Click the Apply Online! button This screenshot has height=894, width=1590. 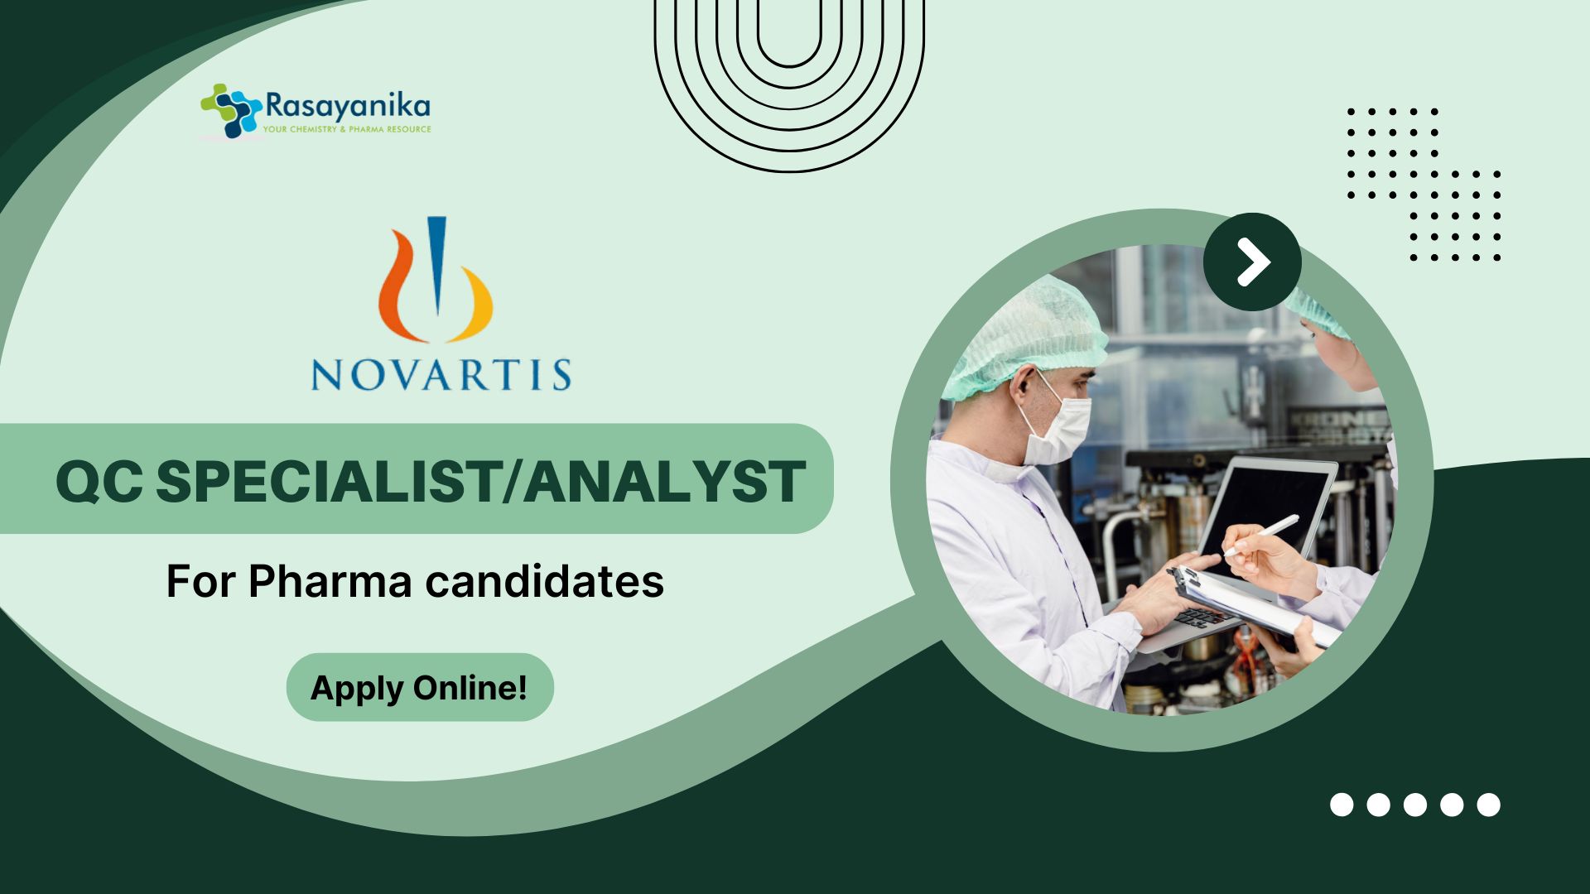[x=420, y=687]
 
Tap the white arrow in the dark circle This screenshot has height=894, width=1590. [x=1254, y=262]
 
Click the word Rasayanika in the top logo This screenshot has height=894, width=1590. [x=348, y=107]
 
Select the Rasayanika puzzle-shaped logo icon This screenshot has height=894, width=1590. [x=231, y=110]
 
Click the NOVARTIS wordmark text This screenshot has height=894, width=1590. [x=441, y=374]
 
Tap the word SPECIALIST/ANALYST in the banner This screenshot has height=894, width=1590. [x=480, y=482]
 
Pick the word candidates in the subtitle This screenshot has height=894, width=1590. [x=544, y=581]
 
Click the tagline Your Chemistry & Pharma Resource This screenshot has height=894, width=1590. [x=347, y=129]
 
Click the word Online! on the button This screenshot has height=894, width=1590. [x=470, y=688]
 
